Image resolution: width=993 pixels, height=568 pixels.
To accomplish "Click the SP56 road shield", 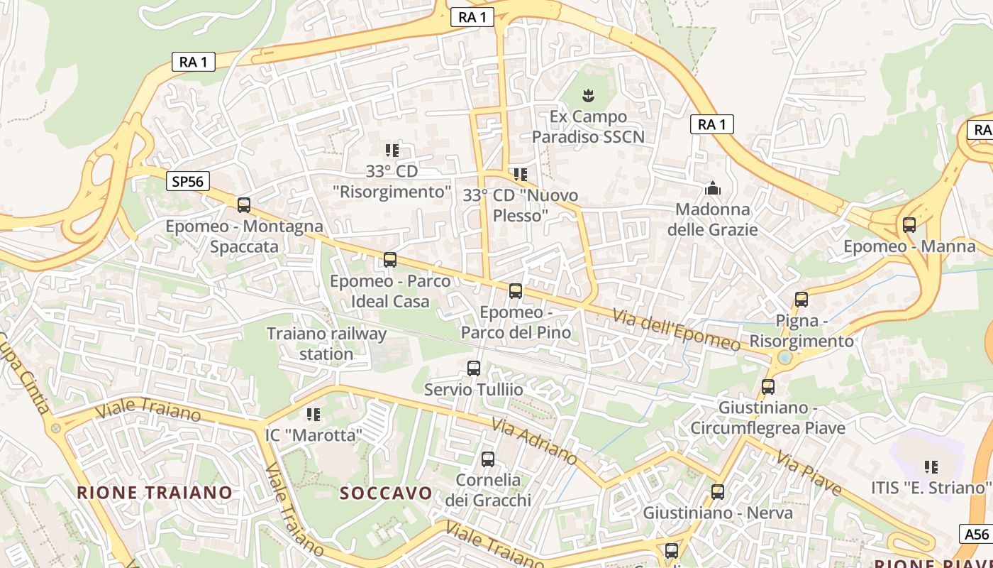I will [188, 182].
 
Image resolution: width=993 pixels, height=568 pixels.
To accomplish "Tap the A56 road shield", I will [977, 534].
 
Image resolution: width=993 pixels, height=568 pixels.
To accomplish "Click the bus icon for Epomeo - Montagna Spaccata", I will [244, 205].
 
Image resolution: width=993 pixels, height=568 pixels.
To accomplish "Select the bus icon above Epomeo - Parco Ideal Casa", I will [390, 260].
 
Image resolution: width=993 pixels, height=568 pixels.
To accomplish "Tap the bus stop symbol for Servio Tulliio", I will [474, 368].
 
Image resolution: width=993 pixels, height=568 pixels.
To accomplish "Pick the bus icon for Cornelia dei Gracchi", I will [488, 459].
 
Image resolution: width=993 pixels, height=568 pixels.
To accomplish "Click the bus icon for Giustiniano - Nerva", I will [718, 491].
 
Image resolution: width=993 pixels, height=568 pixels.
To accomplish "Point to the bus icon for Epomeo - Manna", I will [909, 225].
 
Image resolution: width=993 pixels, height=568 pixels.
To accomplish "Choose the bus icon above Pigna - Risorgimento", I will [801, 300].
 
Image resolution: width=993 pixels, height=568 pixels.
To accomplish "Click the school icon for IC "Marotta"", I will [314, 414].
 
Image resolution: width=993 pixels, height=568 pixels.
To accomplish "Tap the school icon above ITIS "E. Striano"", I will [931, 467].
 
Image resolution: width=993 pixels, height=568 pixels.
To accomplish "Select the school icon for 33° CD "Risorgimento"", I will [392, 151].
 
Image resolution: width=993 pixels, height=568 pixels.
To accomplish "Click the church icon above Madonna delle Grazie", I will [713, 188].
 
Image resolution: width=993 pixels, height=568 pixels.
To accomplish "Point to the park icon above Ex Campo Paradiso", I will [588, 94].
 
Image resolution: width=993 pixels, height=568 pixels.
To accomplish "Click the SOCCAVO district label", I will [386, 493].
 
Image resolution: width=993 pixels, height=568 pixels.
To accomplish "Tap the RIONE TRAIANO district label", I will [155, 492].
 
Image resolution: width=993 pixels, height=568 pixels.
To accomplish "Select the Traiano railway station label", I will [326, 344].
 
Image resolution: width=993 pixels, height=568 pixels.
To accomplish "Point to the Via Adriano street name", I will [534, 440].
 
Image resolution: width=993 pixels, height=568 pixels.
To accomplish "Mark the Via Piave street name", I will [809, 474].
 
